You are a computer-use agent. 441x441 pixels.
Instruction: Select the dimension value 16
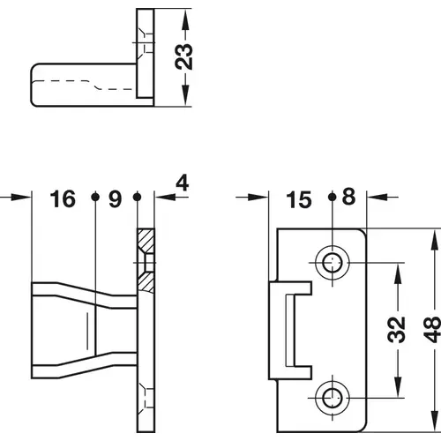tap(63, 199)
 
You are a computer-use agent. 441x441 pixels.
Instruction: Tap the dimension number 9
tap(115, 199)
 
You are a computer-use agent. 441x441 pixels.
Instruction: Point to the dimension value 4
tap(183, 183)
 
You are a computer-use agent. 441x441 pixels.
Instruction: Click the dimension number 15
tap(300, 199)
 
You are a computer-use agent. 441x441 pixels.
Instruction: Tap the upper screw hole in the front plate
tap(333, 262)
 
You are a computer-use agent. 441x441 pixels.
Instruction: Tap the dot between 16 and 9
tap(94, 198)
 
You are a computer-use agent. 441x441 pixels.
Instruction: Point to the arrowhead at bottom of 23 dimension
tap(185, 99)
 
